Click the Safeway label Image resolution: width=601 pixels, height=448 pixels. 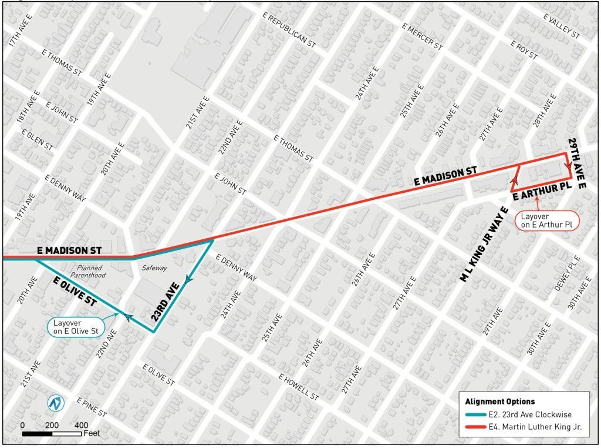154,268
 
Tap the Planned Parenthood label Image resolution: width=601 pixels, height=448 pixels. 87,271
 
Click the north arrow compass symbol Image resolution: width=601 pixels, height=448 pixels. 56,404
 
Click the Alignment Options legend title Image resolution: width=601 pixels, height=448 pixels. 499,402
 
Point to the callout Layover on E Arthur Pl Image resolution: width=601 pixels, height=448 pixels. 546,220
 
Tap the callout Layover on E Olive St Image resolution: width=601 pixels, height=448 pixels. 75,327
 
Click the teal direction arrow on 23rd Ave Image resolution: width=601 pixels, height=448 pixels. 188,281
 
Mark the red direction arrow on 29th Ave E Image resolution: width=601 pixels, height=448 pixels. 568,167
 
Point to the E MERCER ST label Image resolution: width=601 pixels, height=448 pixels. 423,35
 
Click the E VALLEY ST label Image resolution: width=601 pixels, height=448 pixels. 562,27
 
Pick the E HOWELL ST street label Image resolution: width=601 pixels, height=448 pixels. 299,387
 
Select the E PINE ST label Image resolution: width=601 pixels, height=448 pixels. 92,407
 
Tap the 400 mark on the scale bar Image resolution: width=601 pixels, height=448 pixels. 82,425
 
